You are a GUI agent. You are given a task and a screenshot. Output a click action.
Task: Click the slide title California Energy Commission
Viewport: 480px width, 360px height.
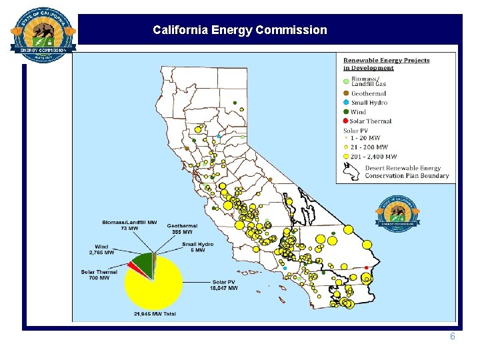click(x=239, y=30)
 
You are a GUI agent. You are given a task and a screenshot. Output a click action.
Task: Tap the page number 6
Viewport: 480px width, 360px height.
click(x=452, y=337)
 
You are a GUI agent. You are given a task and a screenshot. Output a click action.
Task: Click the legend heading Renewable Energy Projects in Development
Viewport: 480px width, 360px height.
click(x=386, y=64)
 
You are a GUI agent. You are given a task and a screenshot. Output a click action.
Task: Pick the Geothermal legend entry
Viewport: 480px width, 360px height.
click(x=369, y=93)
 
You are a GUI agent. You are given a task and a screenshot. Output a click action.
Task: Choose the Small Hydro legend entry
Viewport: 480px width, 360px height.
click(x=369, y=103)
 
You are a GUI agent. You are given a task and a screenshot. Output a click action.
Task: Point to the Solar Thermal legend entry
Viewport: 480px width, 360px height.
click(x=370, y=121)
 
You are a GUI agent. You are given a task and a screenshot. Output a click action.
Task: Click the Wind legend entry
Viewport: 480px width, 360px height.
click(x=358, y=112)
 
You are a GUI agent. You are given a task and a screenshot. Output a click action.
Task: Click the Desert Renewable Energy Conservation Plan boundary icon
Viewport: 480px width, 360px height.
click(x=351, y=172)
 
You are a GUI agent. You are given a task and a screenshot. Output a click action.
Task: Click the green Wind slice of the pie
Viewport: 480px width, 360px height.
click(x=142, y=263)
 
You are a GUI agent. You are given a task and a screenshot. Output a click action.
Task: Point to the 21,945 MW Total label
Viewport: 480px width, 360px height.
click(x=155, y=313)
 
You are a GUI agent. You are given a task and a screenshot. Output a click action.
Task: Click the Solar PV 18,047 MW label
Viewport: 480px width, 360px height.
click(x=223, y=285)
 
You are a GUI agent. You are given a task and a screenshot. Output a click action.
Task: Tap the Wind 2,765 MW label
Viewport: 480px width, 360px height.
click(x=101, y=249)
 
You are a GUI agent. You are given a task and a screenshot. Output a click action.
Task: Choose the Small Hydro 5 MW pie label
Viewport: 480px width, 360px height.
click(x=197, y=247)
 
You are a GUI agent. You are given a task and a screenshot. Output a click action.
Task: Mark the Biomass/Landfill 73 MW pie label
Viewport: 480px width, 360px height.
click(x=129, y=225)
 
